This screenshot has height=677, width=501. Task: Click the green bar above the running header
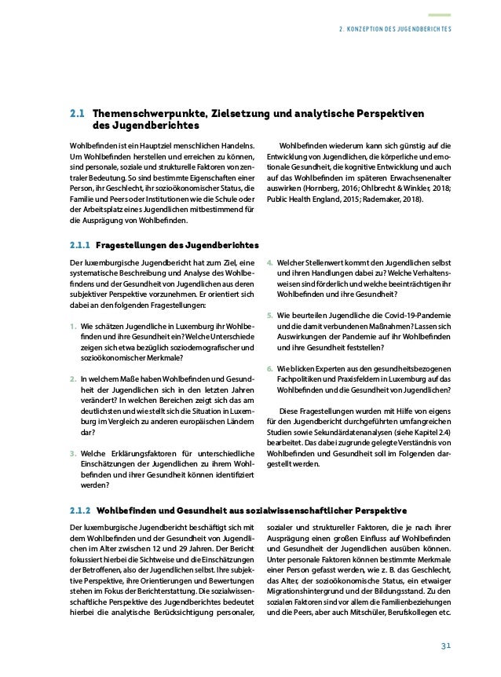pyautogui.click(x=439, y=13)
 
